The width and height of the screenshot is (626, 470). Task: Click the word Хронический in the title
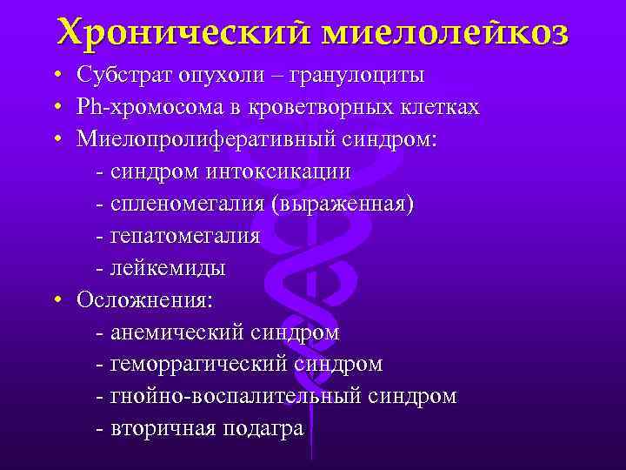(x=183, y=34)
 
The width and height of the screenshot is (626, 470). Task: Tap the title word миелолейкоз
(x=446, y=34)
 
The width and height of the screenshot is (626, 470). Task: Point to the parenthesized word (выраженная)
(x=343, y=204)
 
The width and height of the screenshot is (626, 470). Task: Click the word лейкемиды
(x=167, y=268)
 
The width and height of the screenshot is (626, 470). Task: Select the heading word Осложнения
(x=147, y=300)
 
